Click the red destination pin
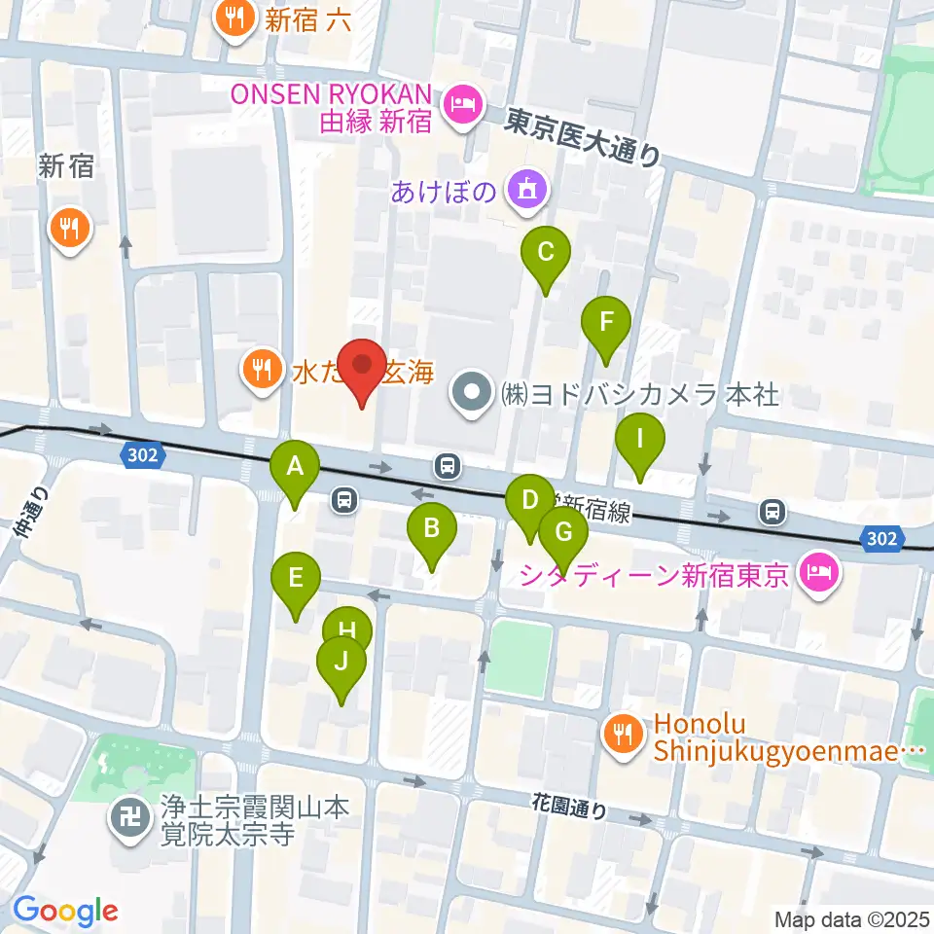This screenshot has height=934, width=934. pyautogui.click(x=363, y=369)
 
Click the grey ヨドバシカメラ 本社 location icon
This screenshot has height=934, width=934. pyautogui.click(x=474, y=396)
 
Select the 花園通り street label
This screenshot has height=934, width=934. pyautogui.click(x=569, y=806)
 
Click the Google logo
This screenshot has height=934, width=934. pyautogui.click(x=66, y=911)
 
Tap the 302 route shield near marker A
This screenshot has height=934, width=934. pyautogui.click(x=140, y=453)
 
